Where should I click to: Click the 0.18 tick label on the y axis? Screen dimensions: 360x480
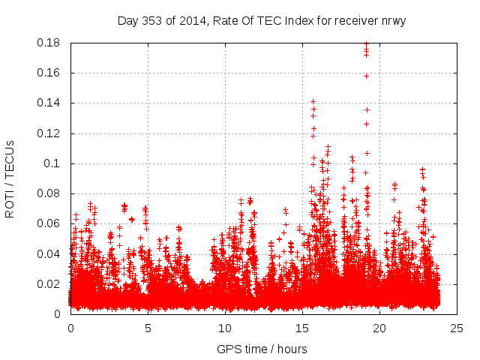[x=50, y=43]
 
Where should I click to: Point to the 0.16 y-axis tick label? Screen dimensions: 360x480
[x=50, y=73]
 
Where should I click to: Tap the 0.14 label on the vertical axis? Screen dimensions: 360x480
[x=50, y=103]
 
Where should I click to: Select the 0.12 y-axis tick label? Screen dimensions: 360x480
[x=50, y=133]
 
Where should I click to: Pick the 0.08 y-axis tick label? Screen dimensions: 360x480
[x=50, y=193]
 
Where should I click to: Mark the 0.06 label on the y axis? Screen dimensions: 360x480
[x=50, y=223]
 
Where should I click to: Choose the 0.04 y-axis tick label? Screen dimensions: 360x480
[x=50, y=253]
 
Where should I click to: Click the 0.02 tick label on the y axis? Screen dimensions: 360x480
[x=50, y=284]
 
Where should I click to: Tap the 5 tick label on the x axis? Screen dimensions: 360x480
[x=148, y=328]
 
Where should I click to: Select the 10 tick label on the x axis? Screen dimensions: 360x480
[x=225, y=328]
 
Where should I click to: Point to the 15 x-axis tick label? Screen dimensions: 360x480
[x=302, y=328]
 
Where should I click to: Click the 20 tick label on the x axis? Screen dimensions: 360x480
[x=379, y=328]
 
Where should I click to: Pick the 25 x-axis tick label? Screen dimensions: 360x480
[x=457, y=328]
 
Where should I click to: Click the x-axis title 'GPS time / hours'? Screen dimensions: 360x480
[x=262, y=349]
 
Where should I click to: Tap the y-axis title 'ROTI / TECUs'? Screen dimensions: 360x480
[x=10, y=178]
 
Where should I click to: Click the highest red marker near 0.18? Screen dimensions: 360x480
[x=366, y=43]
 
